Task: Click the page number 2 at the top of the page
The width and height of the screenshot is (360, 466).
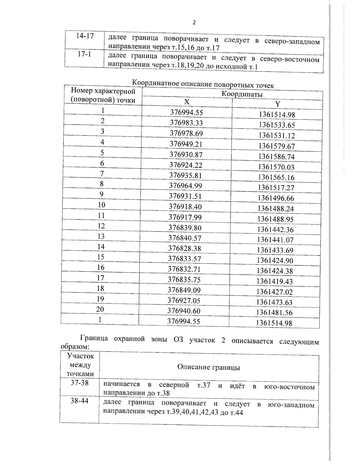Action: point(194,23)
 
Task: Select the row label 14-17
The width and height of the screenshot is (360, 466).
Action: point(85,36)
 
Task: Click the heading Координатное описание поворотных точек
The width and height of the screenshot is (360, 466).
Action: point(203,84)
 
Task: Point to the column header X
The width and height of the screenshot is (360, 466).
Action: point(187,102)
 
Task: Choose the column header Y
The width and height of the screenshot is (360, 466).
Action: point(277,104)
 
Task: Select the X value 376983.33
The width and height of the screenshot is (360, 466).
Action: point(186,123)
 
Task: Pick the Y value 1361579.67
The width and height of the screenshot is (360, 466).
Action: point(277,146)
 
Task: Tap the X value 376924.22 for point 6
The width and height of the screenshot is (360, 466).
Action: point(186,165)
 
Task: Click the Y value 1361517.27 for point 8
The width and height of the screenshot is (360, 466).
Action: point(276,188)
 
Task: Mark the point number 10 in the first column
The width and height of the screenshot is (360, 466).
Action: point(102,205)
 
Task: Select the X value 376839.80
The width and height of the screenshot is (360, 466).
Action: point(185,228)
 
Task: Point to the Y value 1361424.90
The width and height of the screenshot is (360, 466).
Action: point(275,260)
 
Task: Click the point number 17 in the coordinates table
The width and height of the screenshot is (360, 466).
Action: point(100,278)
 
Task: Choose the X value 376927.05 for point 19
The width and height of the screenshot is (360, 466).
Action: point(184,301)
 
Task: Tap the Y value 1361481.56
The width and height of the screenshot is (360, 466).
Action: point(274,313)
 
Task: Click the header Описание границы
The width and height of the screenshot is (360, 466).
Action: point(208,367)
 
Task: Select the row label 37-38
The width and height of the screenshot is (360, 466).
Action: point(79,383)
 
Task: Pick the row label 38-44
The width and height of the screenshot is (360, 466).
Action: point(79,401)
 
